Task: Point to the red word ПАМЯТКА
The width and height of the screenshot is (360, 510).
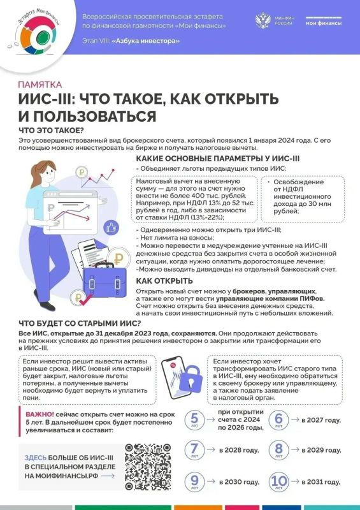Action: pos(40,84)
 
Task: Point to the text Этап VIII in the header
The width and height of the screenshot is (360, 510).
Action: pos(96,41)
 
